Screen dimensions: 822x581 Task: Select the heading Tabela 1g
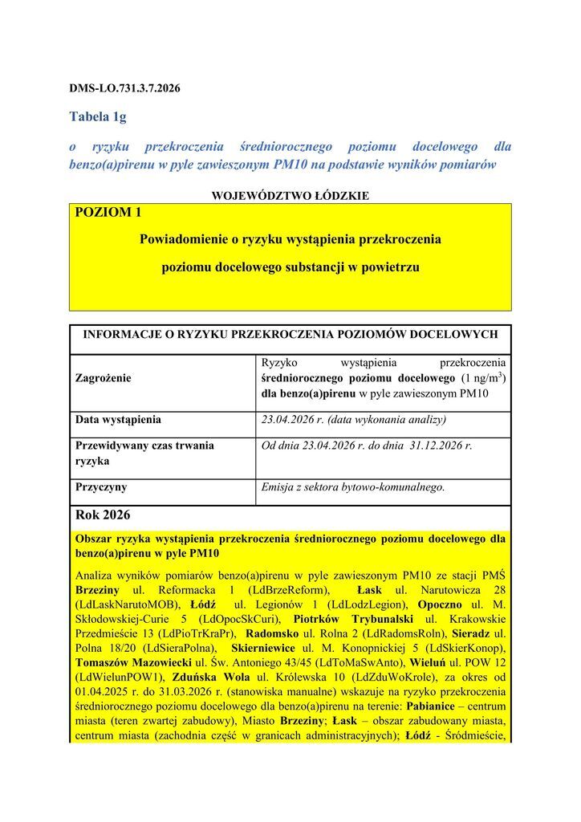coord(98,117)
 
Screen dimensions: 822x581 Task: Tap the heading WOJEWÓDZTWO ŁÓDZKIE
coord(290,195)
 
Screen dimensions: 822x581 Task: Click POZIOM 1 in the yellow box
coord(108,212)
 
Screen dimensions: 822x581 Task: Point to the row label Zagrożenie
coord(104,377)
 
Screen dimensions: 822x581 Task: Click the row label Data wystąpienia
coord(118,419)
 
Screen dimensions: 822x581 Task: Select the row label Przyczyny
coord(101,486)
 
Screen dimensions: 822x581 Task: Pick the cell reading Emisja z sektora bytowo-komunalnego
coord(353,486)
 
